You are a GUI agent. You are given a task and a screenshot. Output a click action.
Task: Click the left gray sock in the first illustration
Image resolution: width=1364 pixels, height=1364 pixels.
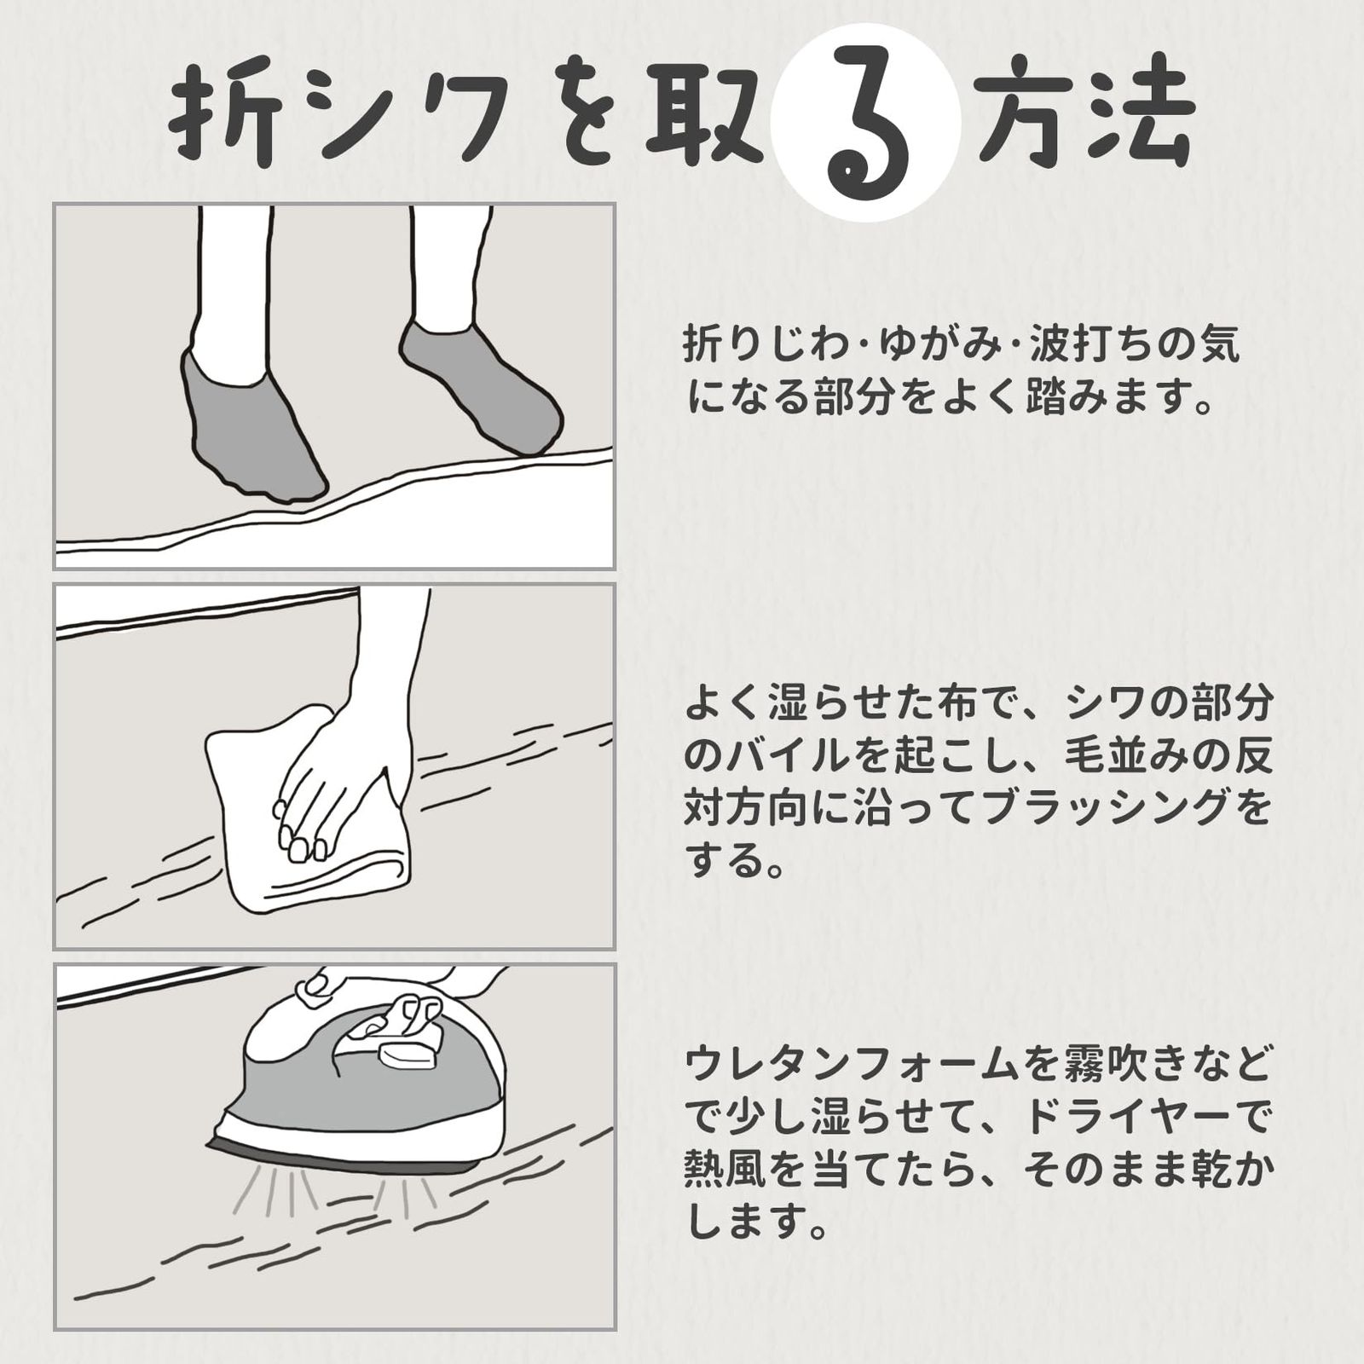click(247, 426)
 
